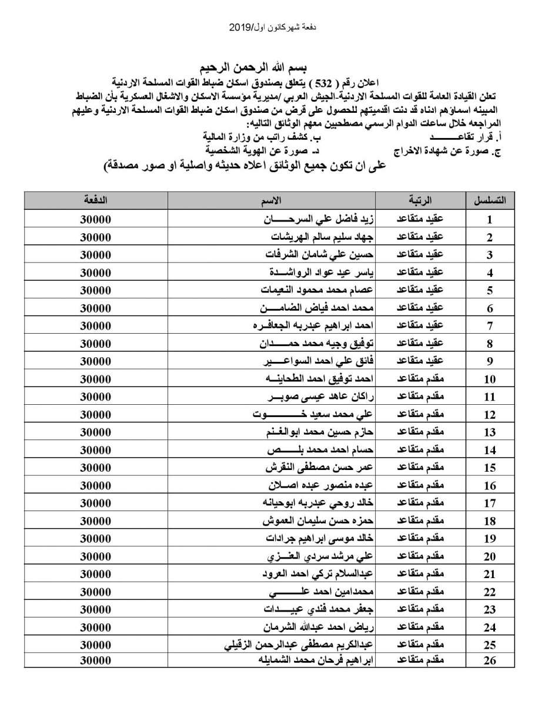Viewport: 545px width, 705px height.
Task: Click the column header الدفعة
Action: pos(95,200)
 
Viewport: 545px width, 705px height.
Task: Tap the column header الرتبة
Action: pos(419,200)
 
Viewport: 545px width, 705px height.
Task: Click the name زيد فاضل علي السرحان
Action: pos(317,219)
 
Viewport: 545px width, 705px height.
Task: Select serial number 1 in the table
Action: pos(490,220)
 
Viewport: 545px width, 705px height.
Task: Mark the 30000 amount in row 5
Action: pos(95,290)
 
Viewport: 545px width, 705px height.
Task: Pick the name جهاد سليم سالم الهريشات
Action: pos(317,237)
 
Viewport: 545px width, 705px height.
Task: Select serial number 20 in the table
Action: pos(490,556)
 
